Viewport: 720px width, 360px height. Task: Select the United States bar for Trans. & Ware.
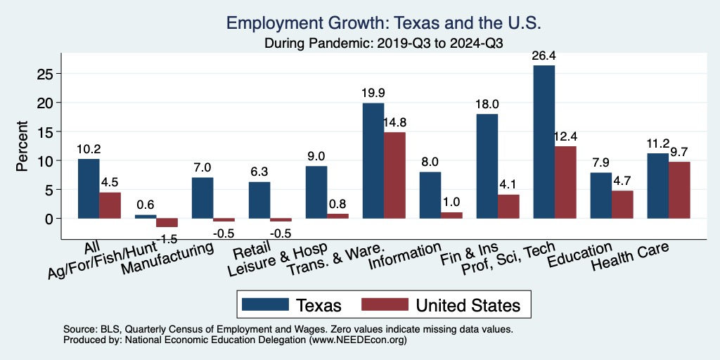[394, 175]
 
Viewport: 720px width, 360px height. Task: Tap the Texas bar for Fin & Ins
[487, 166]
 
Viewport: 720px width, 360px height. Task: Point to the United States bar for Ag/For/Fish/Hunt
[167, 222]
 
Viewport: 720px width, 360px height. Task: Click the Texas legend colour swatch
[265, 304]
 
